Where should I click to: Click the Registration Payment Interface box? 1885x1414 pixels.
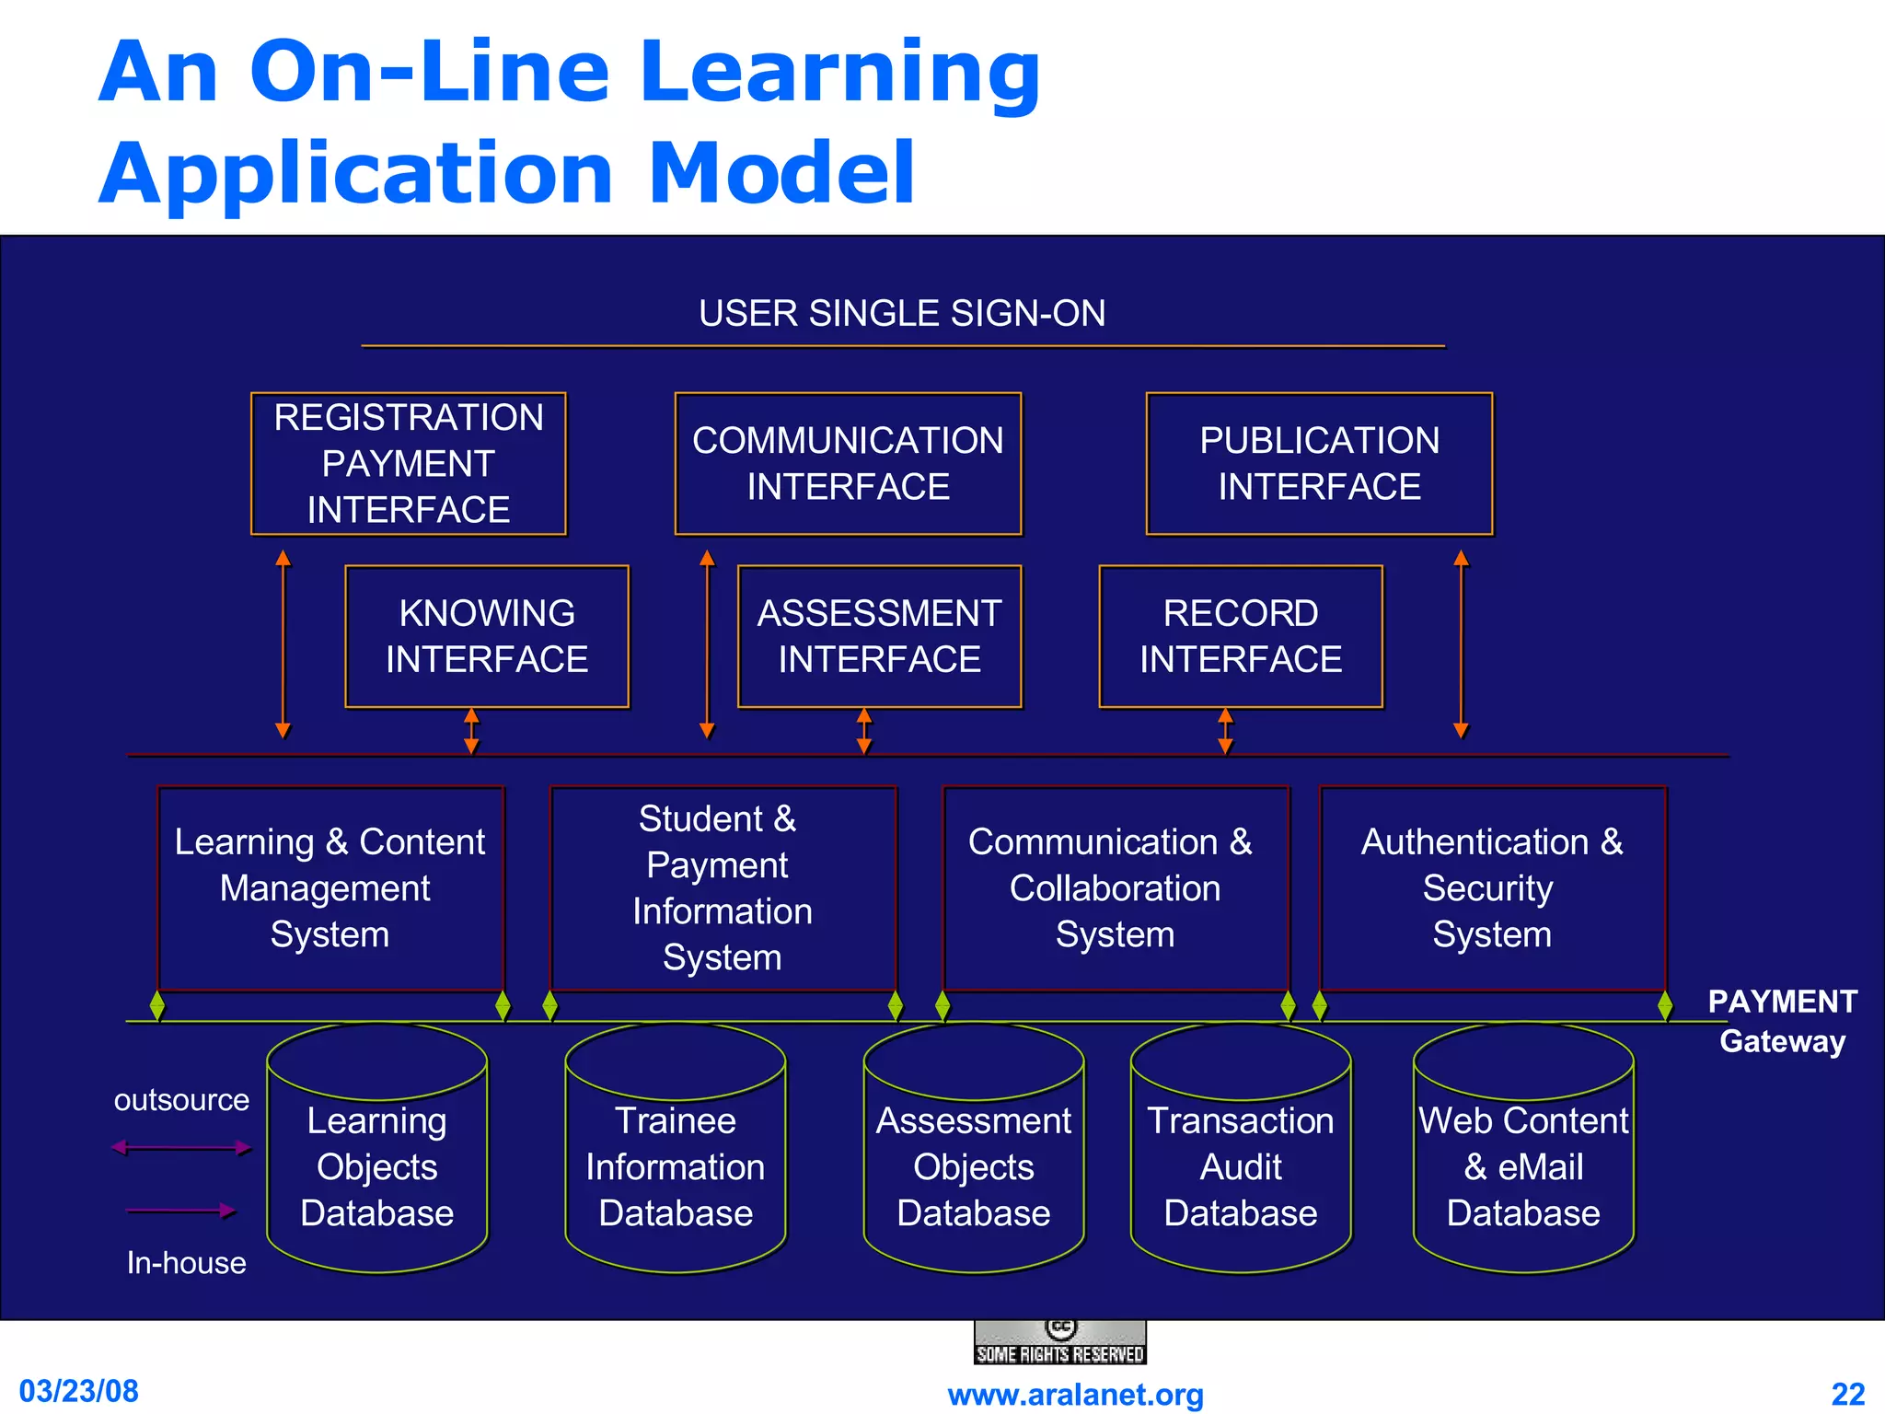(408, 464)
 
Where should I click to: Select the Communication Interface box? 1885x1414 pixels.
(848, 464)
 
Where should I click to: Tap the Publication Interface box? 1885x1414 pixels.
(1319, 464)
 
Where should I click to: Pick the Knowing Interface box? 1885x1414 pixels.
(487, 636)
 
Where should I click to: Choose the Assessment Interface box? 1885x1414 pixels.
(879, 636)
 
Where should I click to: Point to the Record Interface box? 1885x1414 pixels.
(1241, 636)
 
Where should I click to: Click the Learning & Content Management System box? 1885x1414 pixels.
(330, 888)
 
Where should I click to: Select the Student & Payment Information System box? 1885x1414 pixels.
(723, 888)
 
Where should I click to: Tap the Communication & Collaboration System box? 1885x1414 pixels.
(1115, 888)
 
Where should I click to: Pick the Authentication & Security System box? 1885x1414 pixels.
(1492, 888)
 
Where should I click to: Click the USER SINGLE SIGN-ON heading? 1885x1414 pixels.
(902, 314)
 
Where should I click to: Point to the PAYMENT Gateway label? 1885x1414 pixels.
(1782, 1021)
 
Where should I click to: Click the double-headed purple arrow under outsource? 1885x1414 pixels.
(180, 1147)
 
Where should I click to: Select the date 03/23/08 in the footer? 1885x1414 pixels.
(79, 1391)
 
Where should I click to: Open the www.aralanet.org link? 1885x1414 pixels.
(1075, 1395)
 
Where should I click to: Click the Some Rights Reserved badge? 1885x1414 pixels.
(1059, 1343)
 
